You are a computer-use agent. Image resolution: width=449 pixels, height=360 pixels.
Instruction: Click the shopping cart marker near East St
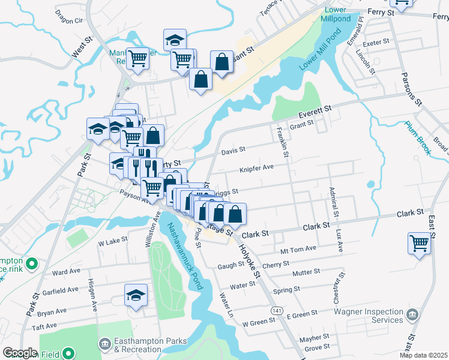tap(419, 244)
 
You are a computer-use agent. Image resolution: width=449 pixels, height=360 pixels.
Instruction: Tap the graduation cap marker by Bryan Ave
tap(136, 295)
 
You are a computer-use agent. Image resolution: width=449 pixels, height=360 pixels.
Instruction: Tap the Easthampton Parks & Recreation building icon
tap(104, 344)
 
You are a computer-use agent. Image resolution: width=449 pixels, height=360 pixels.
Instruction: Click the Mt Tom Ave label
tap(298, 248)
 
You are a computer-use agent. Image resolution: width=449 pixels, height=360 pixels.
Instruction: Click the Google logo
tap(20, 353)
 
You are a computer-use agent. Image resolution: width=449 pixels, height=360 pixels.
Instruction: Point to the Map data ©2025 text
tap(423, 355)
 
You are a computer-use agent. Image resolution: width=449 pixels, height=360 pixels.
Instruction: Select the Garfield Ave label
tap(61, 289)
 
